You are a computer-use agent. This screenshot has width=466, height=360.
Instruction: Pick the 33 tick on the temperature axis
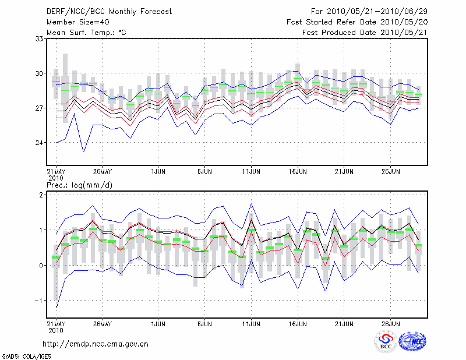click(39, 39)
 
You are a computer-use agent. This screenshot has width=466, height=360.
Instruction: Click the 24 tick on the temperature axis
click(39, 143)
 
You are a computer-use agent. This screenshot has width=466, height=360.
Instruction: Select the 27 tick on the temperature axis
click(39, 108)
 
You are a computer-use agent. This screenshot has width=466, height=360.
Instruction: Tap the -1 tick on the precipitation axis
click(40, 300)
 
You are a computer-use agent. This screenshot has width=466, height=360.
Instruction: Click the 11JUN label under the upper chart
click(251, 172)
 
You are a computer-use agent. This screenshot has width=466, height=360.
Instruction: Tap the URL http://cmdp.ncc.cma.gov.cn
click(96, 344)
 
